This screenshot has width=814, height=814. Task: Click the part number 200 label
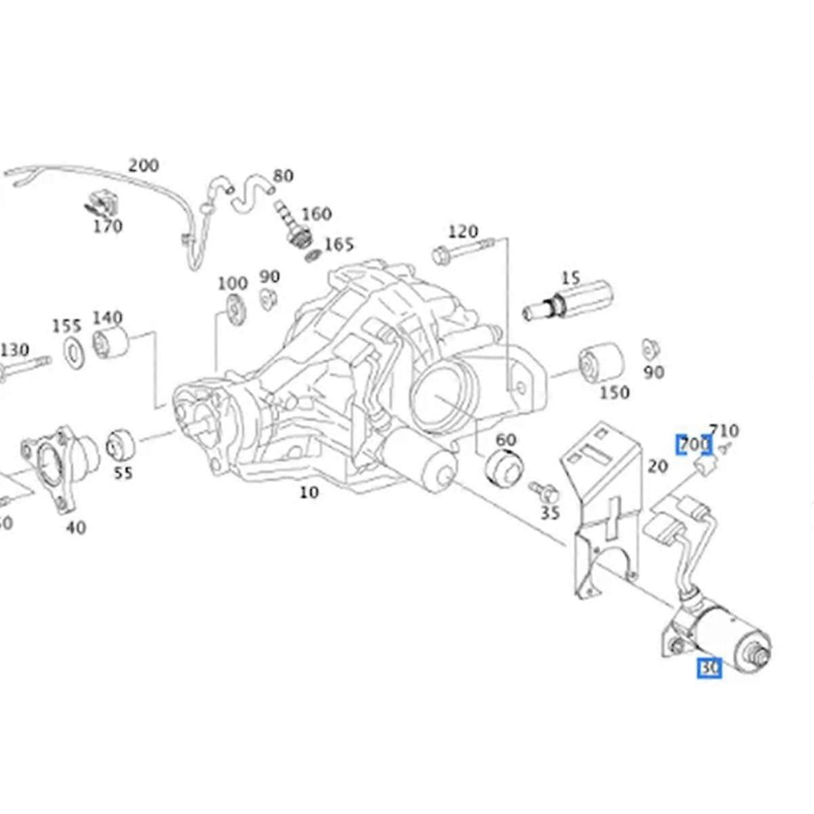point(143,165)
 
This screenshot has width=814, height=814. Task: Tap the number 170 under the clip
point(107,227)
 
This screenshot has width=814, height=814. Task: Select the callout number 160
point(316,214)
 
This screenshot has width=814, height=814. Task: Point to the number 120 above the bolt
point(463,232)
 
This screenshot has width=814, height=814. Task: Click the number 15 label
point(570,278)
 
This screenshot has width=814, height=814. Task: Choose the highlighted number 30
point(709,669)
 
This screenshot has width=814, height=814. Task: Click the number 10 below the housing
point(308,492)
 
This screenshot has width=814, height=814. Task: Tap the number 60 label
point(506,440)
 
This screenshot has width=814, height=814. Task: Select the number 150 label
point(614,392)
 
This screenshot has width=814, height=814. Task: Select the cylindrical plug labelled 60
point(503,466)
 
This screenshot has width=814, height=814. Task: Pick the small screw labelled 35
point(547,490)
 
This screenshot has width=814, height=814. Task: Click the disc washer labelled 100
point(235,309)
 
